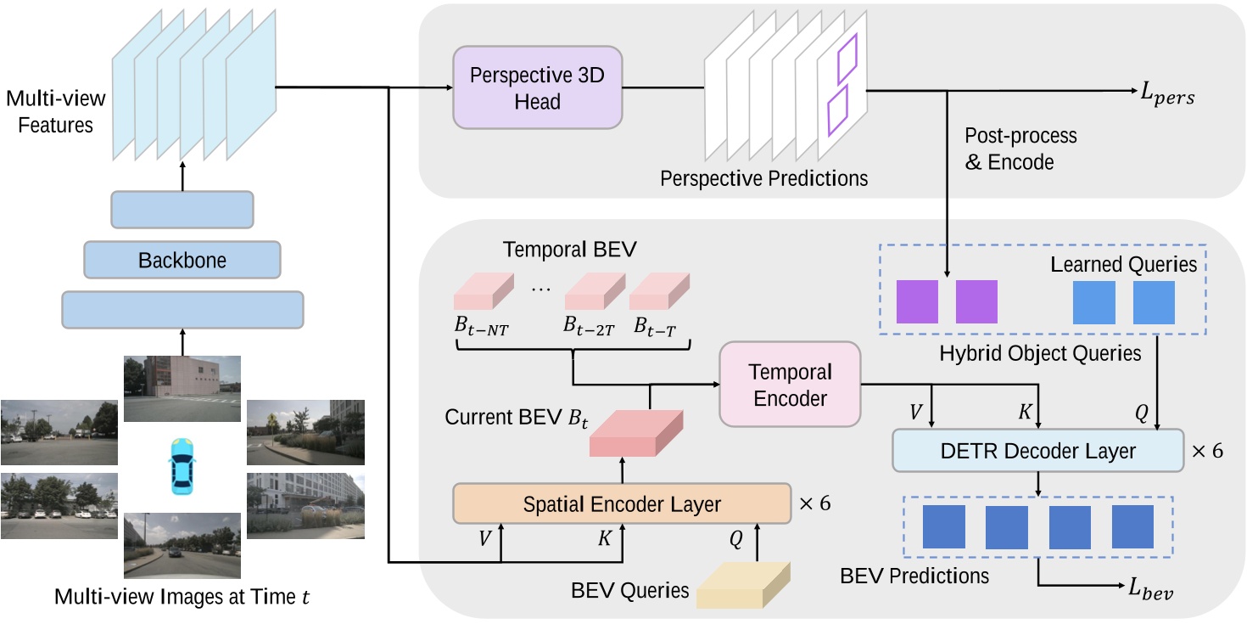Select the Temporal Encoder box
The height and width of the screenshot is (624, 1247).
pos(790,385)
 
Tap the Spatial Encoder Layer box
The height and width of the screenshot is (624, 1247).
pos(623,504)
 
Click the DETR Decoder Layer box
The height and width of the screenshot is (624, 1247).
pos(1038,450)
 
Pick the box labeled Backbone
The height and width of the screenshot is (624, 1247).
pos(182,260)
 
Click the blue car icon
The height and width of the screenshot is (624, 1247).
pos(182,466)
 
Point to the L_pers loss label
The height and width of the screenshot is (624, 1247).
pos(1168,97)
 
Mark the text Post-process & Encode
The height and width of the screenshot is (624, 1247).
pos(1021,149)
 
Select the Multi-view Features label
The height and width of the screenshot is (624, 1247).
pos(51,112)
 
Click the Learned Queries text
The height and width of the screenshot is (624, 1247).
pos(1123,264)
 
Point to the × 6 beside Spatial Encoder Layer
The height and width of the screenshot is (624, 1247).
pos(814,503)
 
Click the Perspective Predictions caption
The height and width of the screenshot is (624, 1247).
pos(763,178)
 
